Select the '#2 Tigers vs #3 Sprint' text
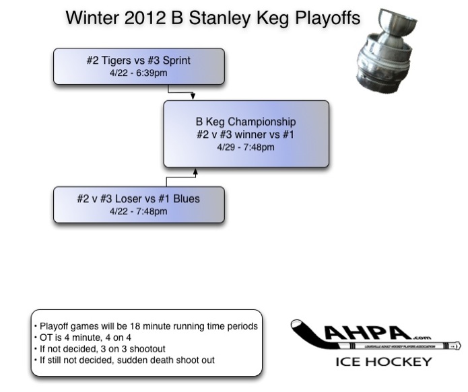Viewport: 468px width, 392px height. [139, 61]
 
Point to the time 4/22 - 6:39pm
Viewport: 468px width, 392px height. [139, 73]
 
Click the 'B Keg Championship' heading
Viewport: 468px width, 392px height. [245, 122]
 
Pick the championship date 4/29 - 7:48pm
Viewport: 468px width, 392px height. [245, 147]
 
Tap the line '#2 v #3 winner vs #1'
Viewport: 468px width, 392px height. [245, 134]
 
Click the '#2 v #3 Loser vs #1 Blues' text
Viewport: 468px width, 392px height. [139, 199]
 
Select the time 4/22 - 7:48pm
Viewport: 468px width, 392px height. [139, 211]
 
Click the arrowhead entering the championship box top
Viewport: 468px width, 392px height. [193, 97]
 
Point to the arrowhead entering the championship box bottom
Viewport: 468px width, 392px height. [195, 172]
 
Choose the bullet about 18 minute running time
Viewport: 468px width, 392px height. [146, 325]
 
